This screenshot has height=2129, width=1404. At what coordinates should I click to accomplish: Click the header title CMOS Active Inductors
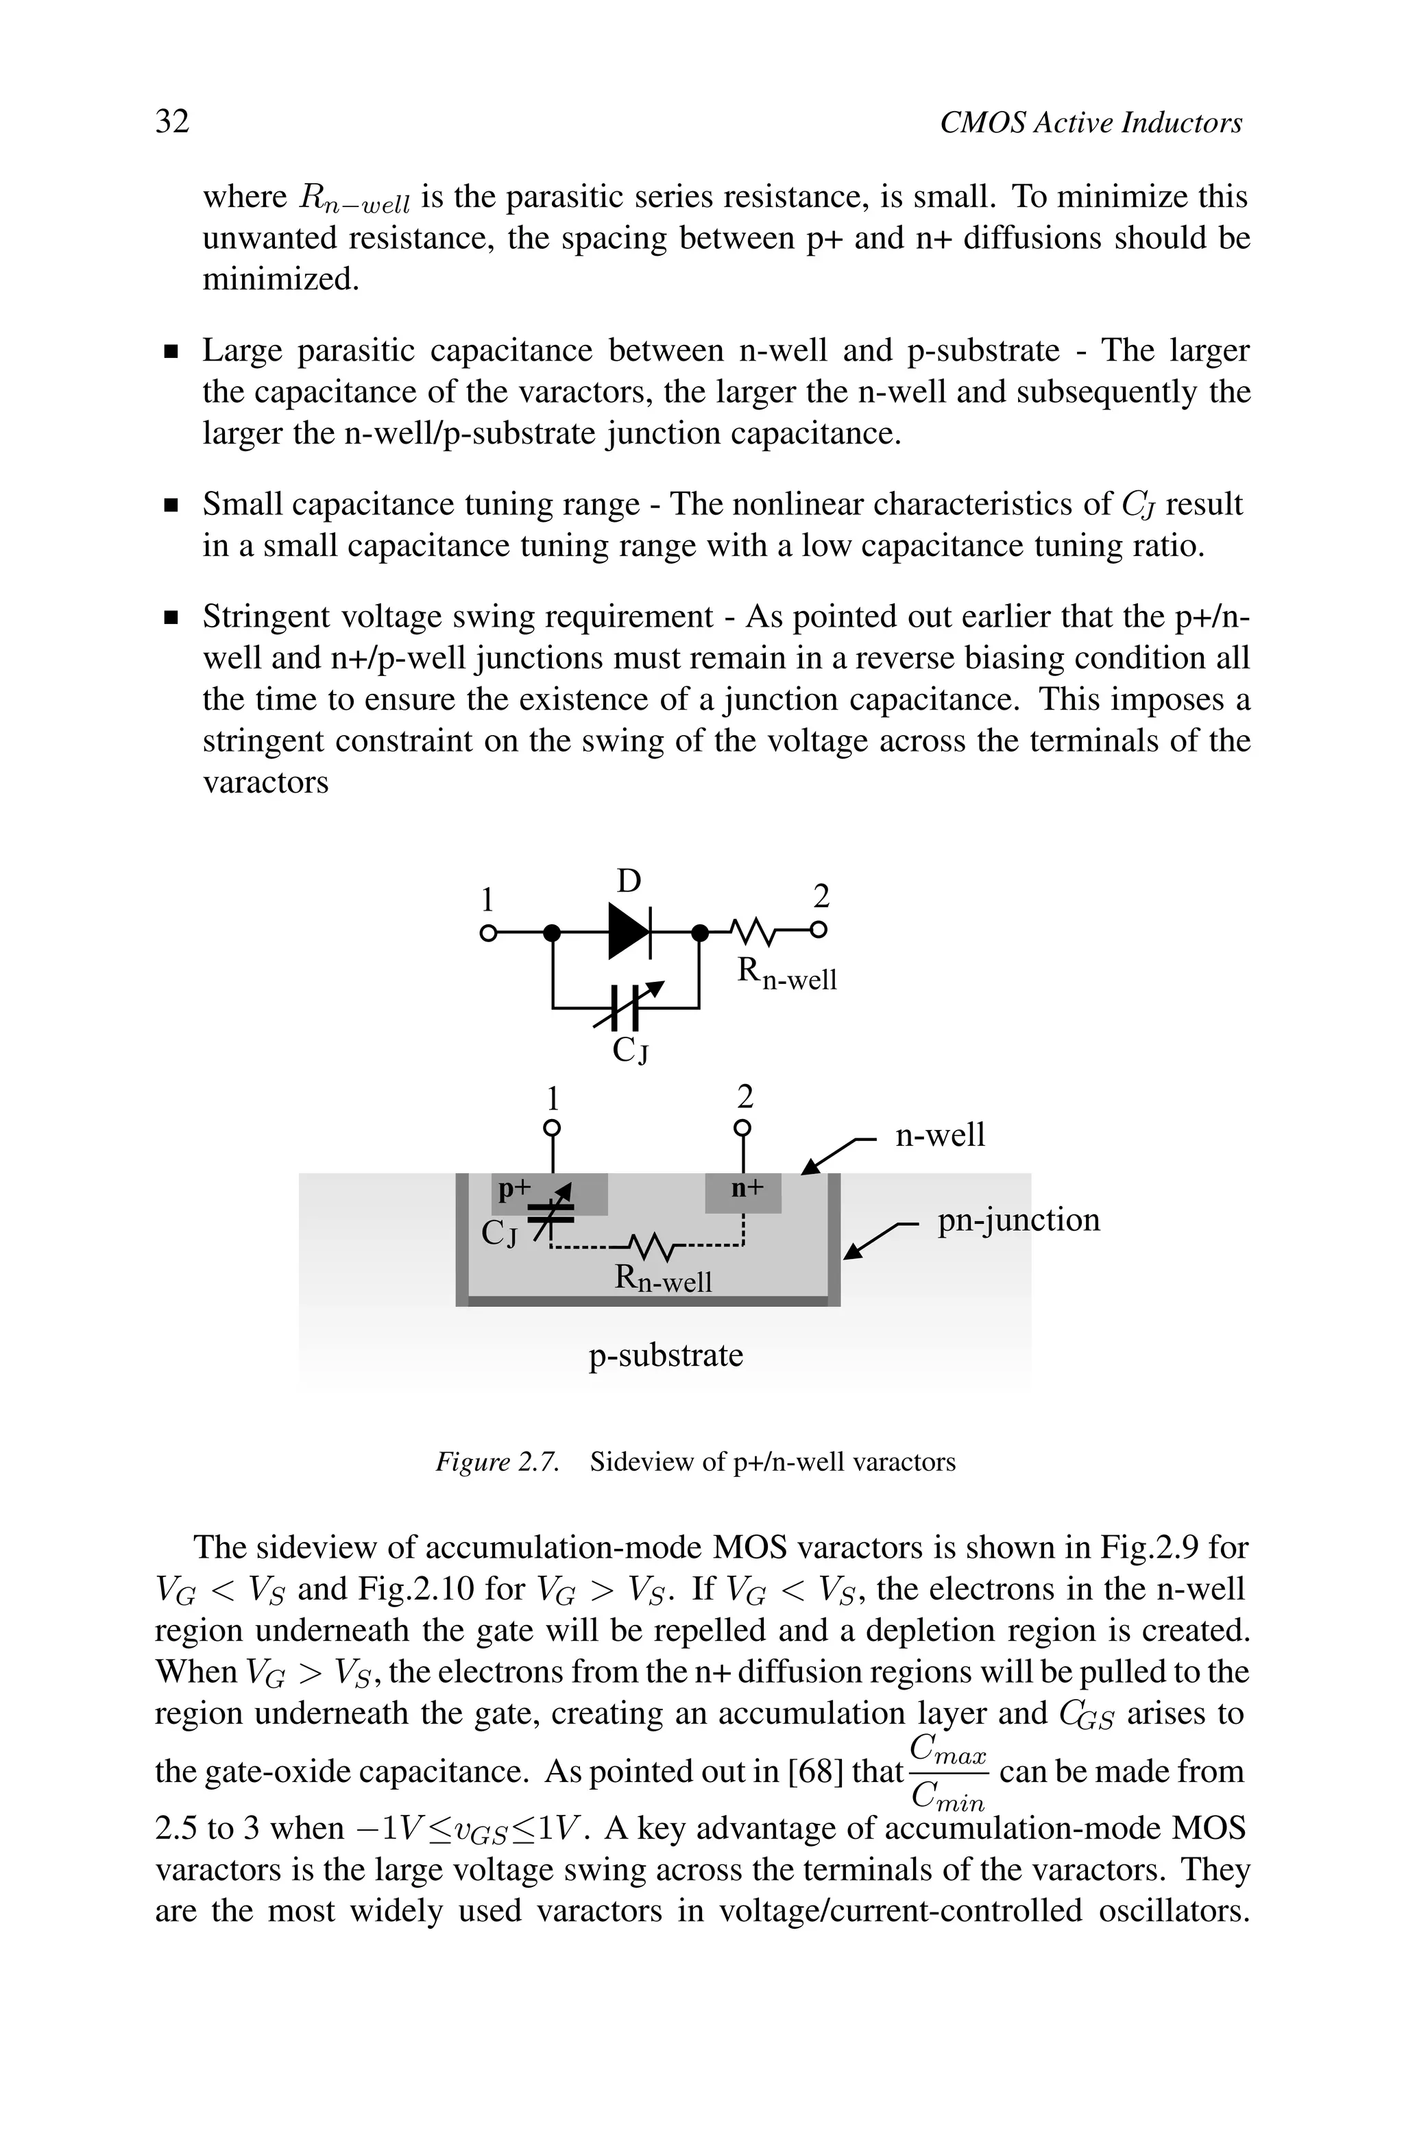(x=1091, y=123)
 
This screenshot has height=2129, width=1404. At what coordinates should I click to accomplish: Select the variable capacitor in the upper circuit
(x=626, y=1007)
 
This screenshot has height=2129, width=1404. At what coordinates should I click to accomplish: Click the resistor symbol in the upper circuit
(x=755, y=932)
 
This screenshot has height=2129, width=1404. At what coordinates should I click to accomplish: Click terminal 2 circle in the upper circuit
(x=819, y=931)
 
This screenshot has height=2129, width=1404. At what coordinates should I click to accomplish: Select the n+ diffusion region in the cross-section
(x=744, y=1192)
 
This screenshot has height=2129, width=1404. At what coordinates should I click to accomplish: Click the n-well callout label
(x=939, y=1135)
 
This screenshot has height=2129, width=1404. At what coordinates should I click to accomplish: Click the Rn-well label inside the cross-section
(x=664, y=1279)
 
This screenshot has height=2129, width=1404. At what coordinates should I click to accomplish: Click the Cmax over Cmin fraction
(x=947, y=1772)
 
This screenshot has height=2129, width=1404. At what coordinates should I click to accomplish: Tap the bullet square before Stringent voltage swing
(x=171, y=618)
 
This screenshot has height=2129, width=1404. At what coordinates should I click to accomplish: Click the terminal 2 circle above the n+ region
(x=742, y=1128)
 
